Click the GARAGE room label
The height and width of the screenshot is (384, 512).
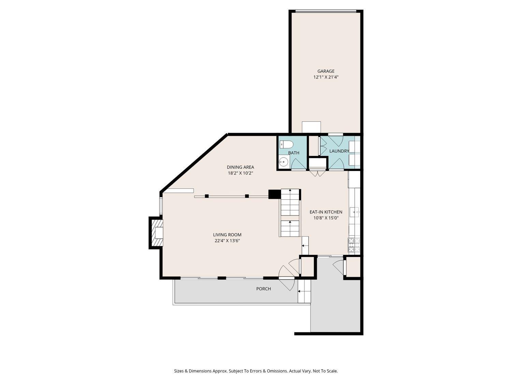pyautogui.click(x=326, y=71)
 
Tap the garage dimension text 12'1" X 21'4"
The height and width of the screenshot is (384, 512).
pyautogui.click(x=326, y=77)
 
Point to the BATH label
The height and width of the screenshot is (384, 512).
pyautogui.click(x=294, y=153)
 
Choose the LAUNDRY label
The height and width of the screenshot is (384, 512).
pyautogui.click(x=339, y=151)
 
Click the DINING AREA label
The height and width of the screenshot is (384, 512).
pyautogui.click(x=240, y=167)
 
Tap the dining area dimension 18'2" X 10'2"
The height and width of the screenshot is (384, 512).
pyautogui.click(x=240, y=173)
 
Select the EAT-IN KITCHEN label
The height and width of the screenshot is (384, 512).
pyautogui.click(x=326, y=212)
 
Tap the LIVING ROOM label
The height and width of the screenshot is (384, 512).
pyautogui.click(x=227, y=235)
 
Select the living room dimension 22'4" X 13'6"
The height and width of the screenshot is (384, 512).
pyautogui.click(x=227, y=241)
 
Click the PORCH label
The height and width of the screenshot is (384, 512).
pyautogui.click(x=264, y=289)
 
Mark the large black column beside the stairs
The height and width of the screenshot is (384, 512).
pyautogui.click(x=274, y=194)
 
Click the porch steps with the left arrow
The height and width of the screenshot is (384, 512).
pyautogui.click(x=304, y=291)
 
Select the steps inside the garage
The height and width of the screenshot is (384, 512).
pyautogui.click(x=311, y=127)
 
